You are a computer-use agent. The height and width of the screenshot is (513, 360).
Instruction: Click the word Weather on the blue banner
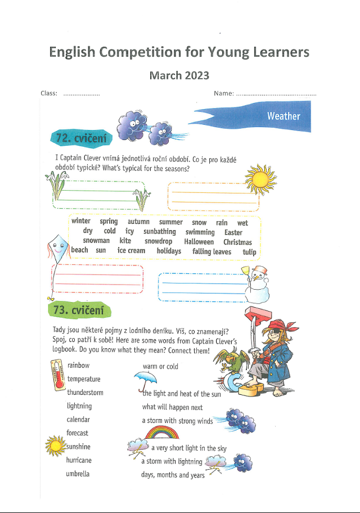point(283,116)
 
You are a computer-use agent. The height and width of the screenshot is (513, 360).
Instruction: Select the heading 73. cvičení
point(78,309)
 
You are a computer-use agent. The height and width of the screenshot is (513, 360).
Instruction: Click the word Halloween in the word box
point(199,242)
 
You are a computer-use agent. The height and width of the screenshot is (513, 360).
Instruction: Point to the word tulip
point(249,252)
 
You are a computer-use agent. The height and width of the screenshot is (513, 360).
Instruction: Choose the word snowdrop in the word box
point(158,242)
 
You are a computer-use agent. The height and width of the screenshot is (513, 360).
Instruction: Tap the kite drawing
point(56,247)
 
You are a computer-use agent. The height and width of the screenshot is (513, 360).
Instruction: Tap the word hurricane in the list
point(79,460)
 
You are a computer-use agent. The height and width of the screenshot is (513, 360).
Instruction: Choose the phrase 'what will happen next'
point(172,407)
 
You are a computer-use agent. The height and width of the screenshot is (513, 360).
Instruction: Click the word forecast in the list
point(77,433)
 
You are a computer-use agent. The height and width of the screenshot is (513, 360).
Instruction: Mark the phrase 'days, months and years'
point(173,475)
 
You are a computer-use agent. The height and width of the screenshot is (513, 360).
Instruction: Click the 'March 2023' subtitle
point(179,75)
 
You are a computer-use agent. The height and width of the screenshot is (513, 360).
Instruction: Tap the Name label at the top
point(224,93)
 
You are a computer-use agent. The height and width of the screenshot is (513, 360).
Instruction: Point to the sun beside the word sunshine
point(55,446)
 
